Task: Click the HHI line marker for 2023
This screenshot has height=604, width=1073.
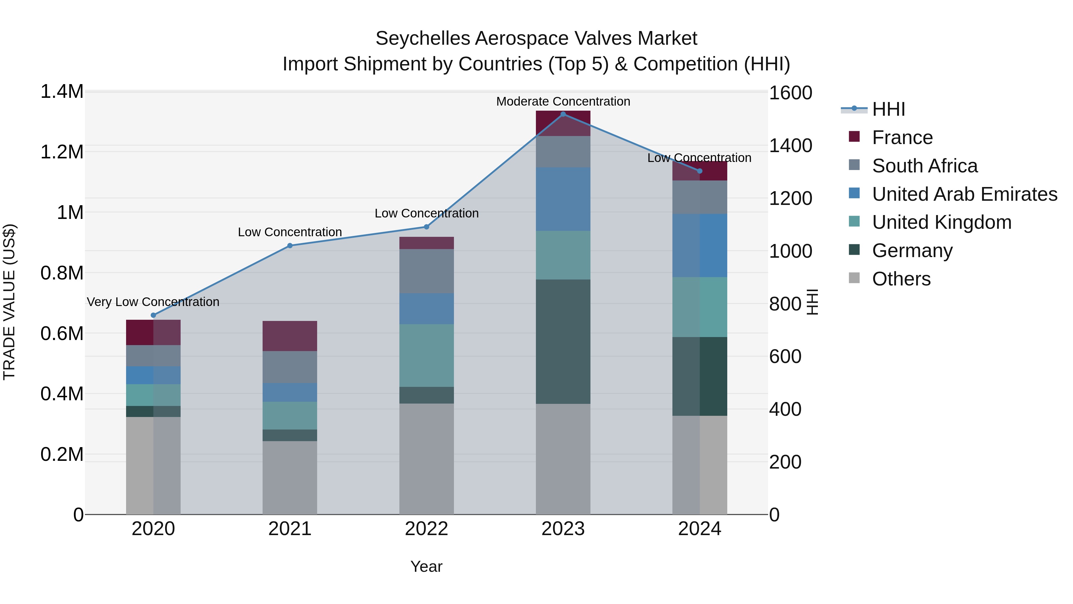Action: (563, 114)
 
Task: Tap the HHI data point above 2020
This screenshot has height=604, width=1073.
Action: (153, 315)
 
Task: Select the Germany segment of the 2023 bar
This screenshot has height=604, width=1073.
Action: (563, 342)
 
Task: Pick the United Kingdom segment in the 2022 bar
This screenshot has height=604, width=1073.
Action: (426, 355)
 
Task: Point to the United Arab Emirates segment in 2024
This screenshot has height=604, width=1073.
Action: (699, 245)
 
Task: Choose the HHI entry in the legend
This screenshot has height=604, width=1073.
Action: (888, 109)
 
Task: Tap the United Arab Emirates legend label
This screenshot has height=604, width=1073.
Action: (964, 194)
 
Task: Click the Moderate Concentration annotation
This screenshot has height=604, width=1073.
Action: (563, 101)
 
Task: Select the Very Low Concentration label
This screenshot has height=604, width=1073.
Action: (153, 302)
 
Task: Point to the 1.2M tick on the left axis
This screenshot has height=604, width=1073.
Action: (62, 152)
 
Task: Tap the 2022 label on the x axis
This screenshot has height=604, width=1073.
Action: (426, 529)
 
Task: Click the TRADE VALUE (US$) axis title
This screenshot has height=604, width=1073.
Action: (9, 302)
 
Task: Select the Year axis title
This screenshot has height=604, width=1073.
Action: (426, 566)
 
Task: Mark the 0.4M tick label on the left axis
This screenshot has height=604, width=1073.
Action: (62, 393)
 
